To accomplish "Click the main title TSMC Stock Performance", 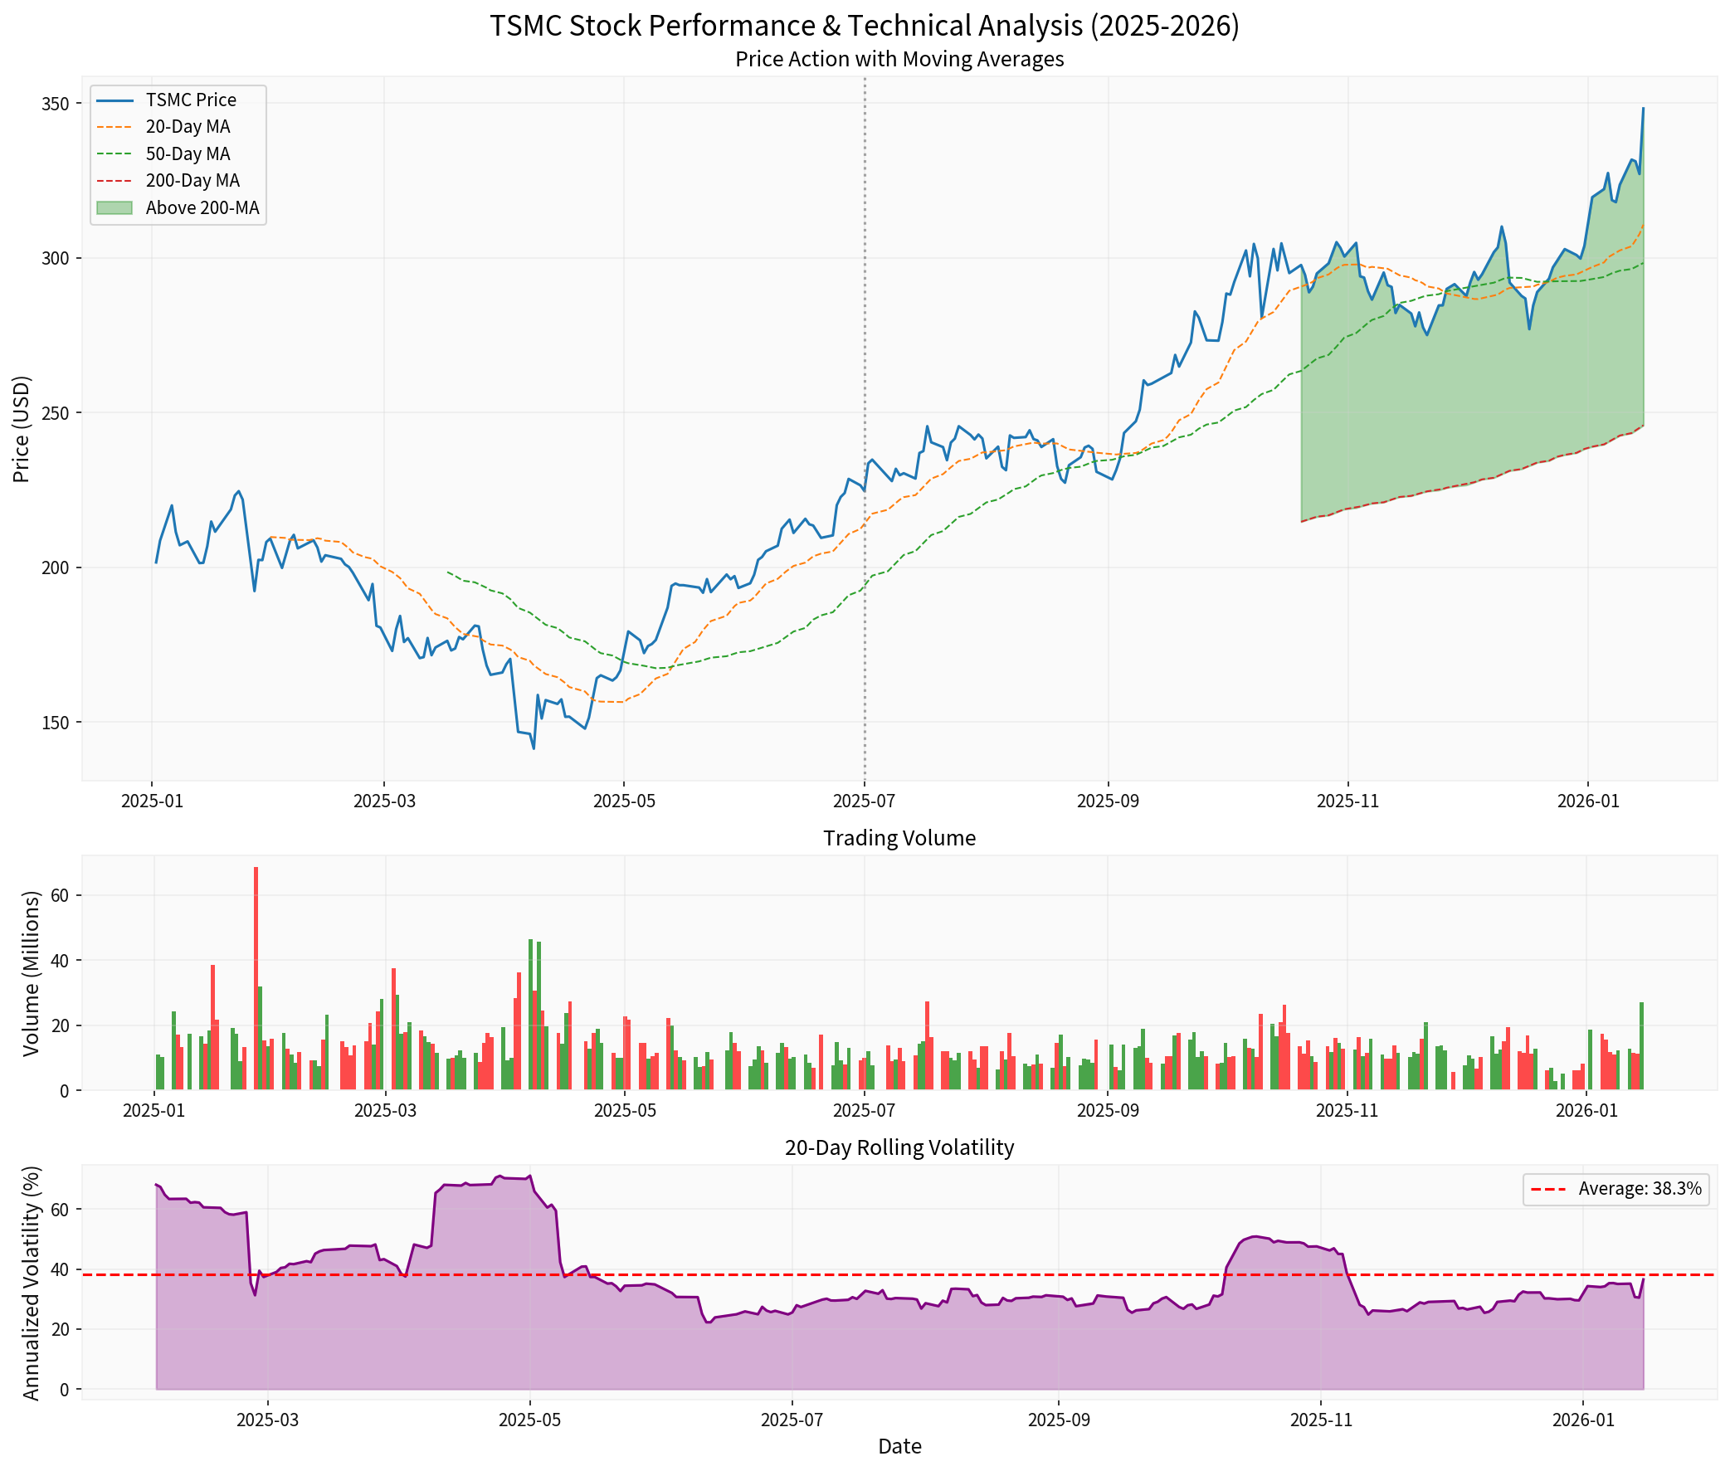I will (x=864, y=26).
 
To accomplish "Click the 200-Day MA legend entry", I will (x=192, y=181).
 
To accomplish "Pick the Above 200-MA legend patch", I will (x=115, y=207).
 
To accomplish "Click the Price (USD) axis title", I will (x=22, y=429).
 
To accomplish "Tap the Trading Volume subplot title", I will (x=899, y=838).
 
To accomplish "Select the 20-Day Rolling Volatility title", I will (x=899, y=1147).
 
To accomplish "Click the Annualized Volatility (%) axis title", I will (x=31, y=1283).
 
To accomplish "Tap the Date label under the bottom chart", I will (x=899, y=1446).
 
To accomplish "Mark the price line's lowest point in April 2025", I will (x=534, y=748).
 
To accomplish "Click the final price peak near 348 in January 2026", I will (x=1642, y=109).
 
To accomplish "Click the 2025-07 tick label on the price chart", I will (x=864, y=801).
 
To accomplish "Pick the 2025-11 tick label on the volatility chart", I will (x=1322, y=1420).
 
